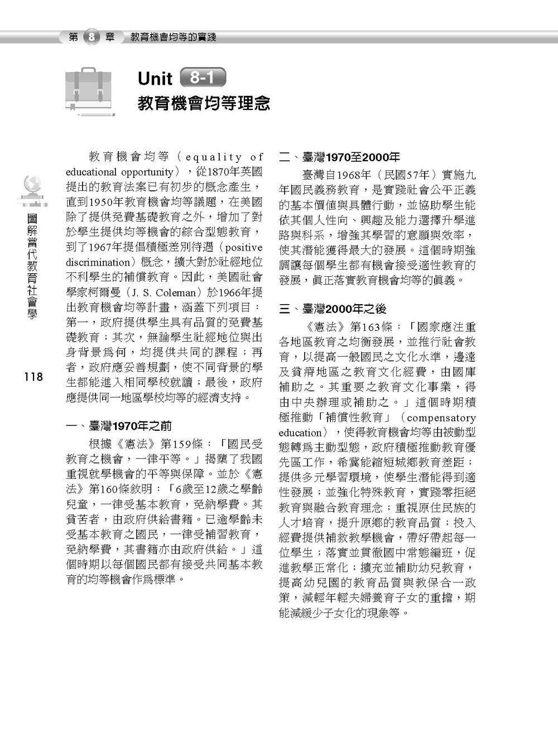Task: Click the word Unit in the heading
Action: coord(156,79)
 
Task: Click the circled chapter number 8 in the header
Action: coord(92,37)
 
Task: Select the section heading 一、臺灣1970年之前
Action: coord(118,427)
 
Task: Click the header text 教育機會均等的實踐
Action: coord(173,37)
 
